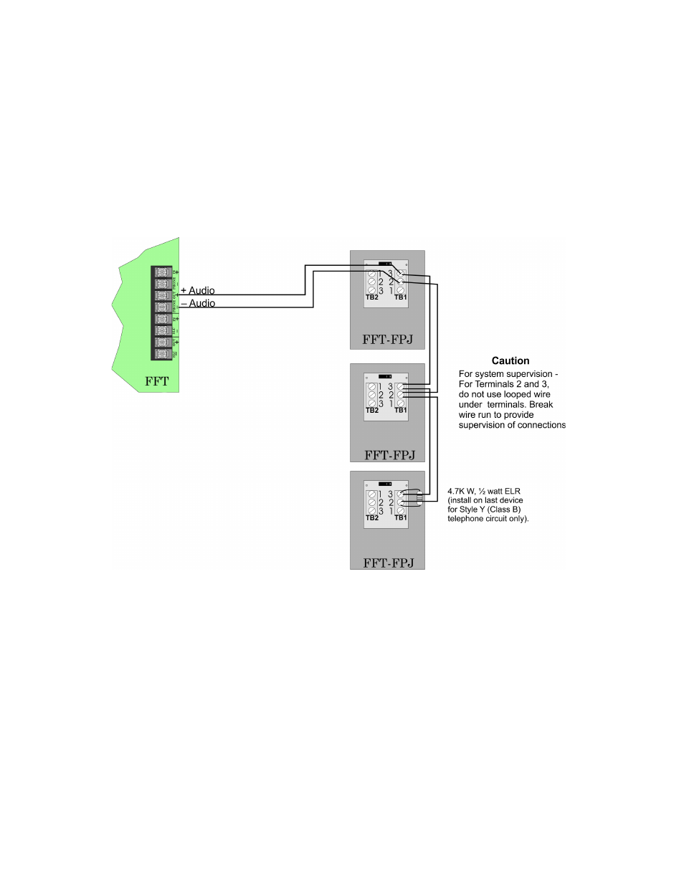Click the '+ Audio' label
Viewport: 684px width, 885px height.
197,290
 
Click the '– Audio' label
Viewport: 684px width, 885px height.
197,303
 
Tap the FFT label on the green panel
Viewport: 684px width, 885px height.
157,381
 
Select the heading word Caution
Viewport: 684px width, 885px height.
510,361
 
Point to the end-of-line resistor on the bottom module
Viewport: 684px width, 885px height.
420,499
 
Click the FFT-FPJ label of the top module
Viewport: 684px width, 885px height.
388,340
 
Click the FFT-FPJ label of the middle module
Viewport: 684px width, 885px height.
389,454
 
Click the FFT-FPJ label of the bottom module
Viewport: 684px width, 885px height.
389,563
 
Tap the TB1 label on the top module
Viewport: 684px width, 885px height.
400,297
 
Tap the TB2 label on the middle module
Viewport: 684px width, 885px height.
372,411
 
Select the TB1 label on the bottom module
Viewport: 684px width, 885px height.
400,517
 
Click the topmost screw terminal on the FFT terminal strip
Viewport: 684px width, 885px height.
162,273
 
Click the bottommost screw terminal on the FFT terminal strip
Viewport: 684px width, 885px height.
162,354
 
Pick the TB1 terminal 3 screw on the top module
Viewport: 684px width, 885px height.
400,273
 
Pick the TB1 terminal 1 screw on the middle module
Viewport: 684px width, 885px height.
400,403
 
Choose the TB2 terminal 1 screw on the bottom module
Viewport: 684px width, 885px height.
371,494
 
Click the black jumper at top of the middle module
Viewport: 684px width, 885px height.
385,376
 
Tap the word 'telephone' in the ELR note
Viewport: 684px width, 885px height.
465,519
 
